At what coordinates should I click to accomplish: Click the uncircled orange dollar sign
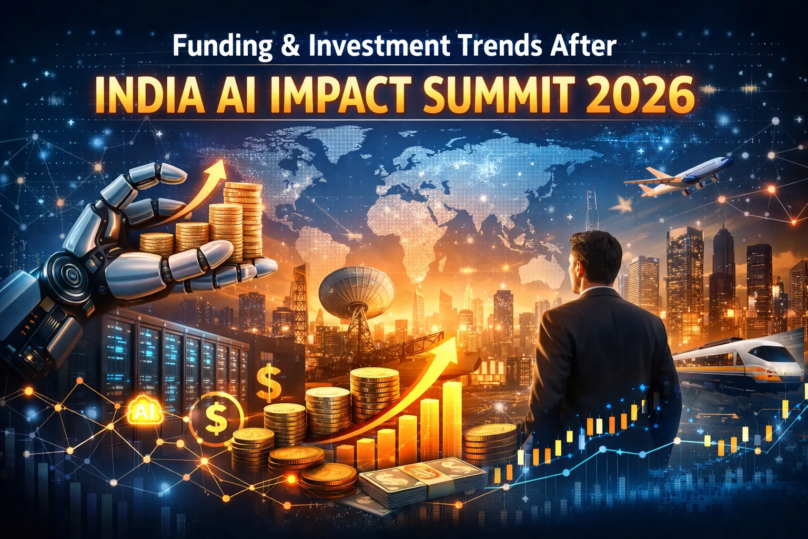(269, 383)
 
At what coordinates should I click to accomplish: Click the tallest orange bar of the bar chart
(452, 416)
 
